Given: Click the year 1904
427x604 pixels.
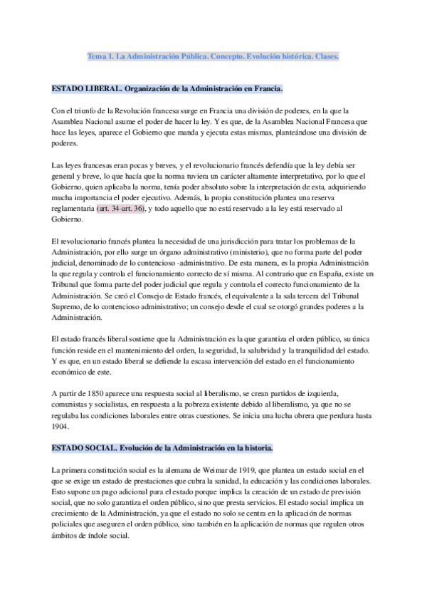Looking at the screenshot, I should coord(63,428).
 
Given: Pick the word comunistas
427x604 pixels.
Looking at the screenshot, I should coord(73,405).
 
